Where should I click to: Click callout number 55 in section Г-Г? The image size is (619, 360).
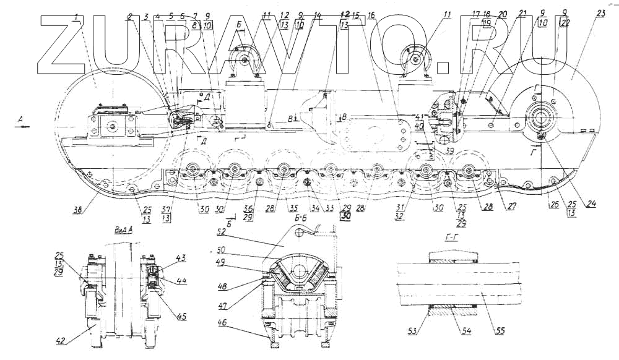(500, 330)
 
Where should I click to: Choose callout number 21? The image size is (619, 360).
(522, 12)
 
